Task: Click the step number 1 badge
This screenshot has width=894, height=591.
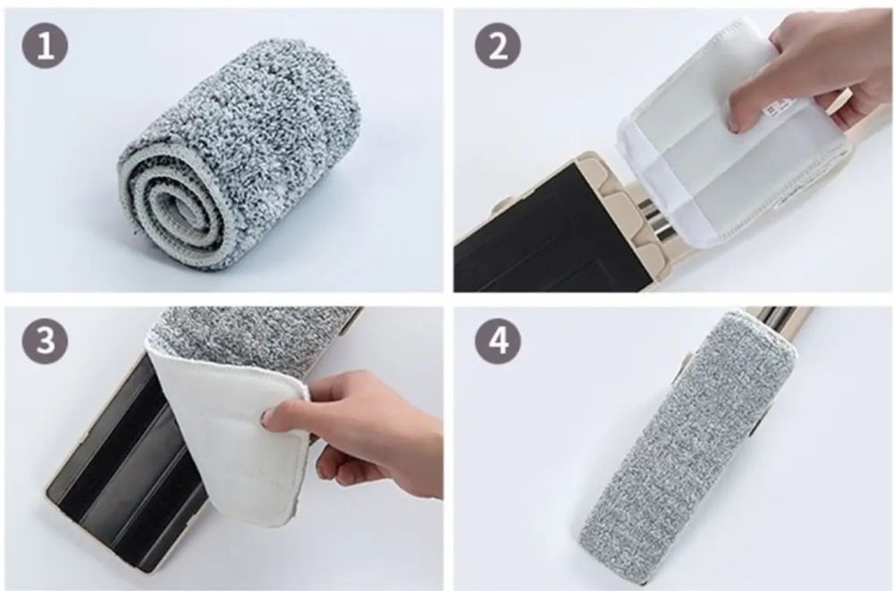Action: pyautogui.click(x=45, y=46)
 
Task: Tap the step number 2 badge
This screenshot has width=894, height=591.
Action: pyautogui.click(x=498, y=46)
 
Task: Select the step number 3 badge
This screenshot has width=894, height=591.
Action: pyautogui.click(x=45, y=342)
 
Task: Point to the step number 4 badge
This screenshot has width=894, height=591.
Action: pyautogui.click(x=498, y=342)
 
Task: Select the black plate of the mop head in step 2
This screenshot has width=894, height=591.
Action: pyautogui.click(x=530, y=228)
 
